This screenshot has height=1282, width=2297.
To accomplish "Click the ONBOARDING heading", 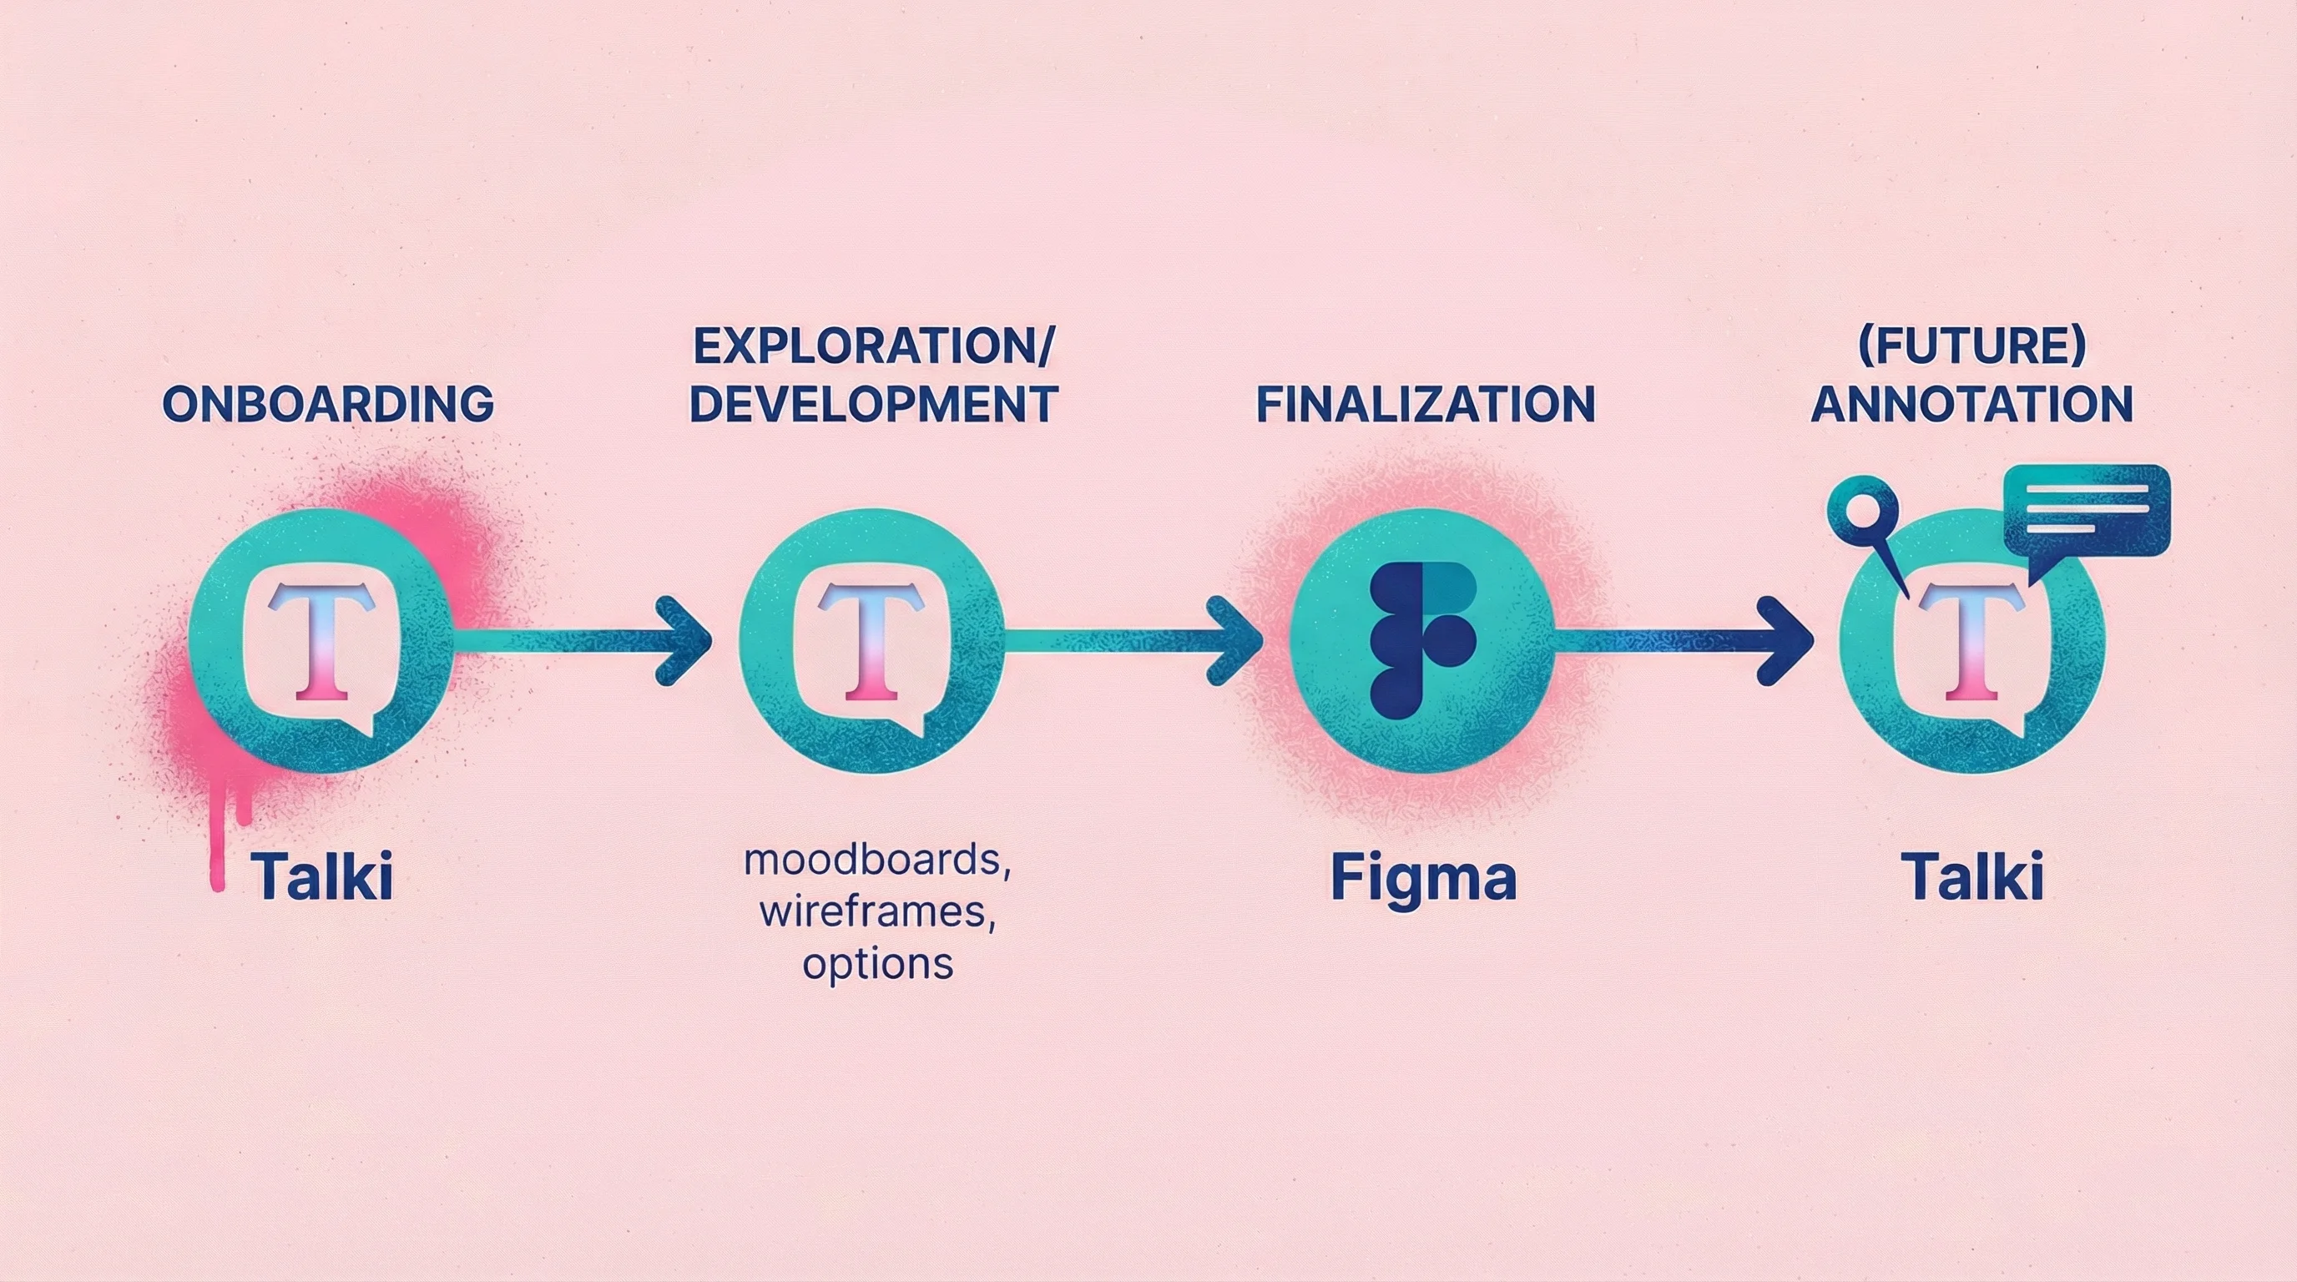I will (328, 404).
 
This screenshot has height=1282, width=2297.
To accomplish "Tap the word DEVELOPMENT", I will (873, 404).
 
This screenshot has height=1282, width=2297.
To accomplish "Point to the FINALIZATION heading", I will (1425, 404).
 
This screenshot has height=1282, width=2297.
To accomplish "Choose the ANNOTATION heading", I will (1971, 404).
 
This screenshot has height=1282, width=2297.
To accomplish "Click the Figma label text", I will (1423, 878).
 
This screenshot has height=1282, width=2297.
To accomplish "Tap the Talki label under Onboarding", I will (322, 878).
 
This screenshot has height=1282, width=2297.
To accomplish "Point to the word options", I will (877, 965).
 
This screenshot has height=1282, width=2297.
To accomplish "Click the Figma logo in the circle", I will (1421, 640).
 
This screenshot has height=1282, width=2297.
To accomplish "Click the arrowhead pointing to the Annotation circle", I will (1789, 640).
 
